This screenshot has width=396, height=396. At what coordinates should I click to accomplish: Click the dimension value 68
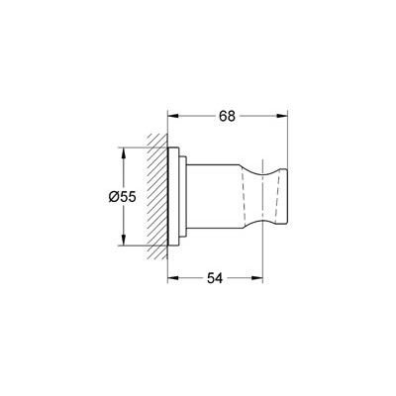pos(227,116)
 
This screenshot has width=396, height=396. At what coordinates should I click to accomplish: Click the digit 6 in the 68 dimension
pos(222,116)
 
